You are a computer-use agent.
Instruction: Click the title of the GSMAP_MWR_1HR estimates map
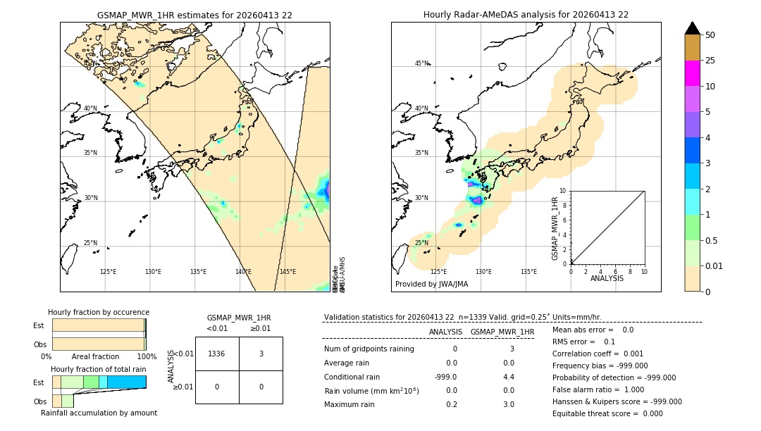[194, 15]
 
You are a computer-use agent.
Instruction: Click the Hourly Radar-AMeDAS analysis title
[526, 15]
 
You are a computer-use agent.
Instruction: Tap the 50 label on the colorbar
[710, 35]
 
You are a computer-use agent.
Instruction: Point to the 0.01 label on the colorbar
[714, 266]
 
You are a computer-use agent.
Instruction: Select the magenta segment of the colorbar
[692, 73]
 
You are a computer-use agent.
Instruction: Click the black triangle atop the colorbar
[692, 28]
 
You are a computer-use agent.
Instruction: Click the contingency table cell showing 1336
[217, 354]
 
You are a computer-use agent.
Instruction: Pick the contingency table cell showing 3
[261, 354]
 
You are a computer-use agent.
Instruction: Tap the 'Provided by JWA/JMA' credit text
[431, 284]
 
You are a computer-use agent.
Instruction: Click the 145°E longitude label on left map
[287, 272]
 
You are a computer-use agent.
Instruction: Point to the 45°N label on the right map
[421, 63]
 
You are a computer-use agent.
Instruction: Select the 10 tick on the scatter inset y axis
[563, 190]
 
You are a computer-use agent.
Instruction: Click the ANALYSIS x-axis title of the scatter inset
[607, 278]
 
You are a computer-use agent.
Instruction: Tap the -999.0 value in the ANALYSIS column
[446, 377]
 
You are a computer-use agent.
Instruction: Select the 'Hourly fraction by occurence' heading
[99, 312]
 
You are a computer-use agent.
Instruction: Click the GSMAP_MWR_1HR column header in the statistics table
[502, 332]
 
